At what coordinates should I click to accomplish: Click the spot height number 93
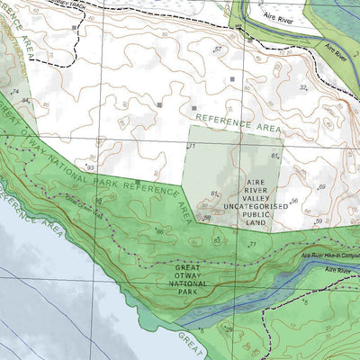90,167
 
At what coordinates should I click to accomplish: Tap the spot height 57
217,49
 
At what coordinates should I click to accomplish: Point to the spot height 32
303,87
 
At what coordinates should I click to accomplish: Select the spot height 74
15,92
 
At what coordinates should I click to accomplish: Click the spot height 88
206,217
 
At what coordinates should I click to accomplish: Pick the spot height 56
293,202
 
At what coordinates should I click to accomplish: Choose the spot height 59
318,220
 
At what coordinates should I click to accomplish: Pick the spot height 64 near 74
26,100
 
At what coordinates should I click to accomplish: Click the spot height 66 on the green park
160,232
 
